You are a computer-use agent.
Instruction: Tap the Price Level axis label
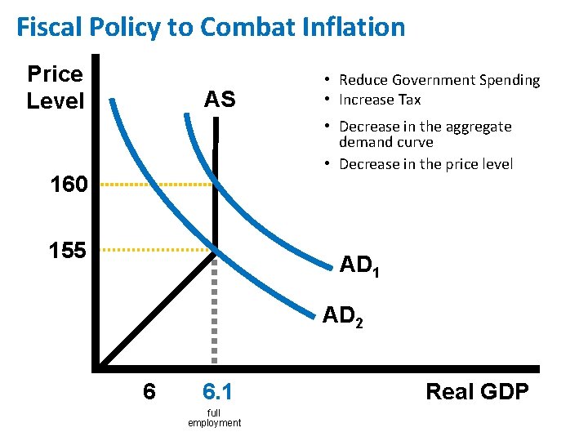[55, 87]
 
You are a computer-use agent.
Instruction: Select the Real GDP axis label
[477, 391]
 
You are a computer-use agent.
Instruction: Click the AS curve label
[220, 100]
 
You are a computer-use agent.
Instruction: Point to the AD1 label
[359, 265]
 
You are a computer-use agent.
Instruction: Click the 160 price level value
[68, 185]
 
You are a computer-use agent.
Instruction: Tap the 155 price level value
[67, 250]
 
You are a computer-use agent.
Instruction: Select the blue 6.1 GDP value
[214, 392]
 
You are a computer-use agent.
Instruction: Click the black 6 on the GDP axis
[149, 392]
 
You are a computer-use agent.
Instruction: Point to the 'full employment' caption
[214, 418]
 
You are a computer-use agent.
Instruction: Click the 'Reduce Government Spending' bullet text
[439, 80]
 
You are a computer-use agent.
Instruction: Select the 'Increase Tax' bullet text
[379, 100]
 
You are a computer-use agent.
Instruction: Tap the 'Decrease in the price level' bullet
[425, 164]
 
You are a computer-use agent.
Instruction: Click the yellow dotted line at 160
[155, 185]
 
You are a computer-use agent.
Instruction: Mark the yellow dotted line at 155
[155, 248]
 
